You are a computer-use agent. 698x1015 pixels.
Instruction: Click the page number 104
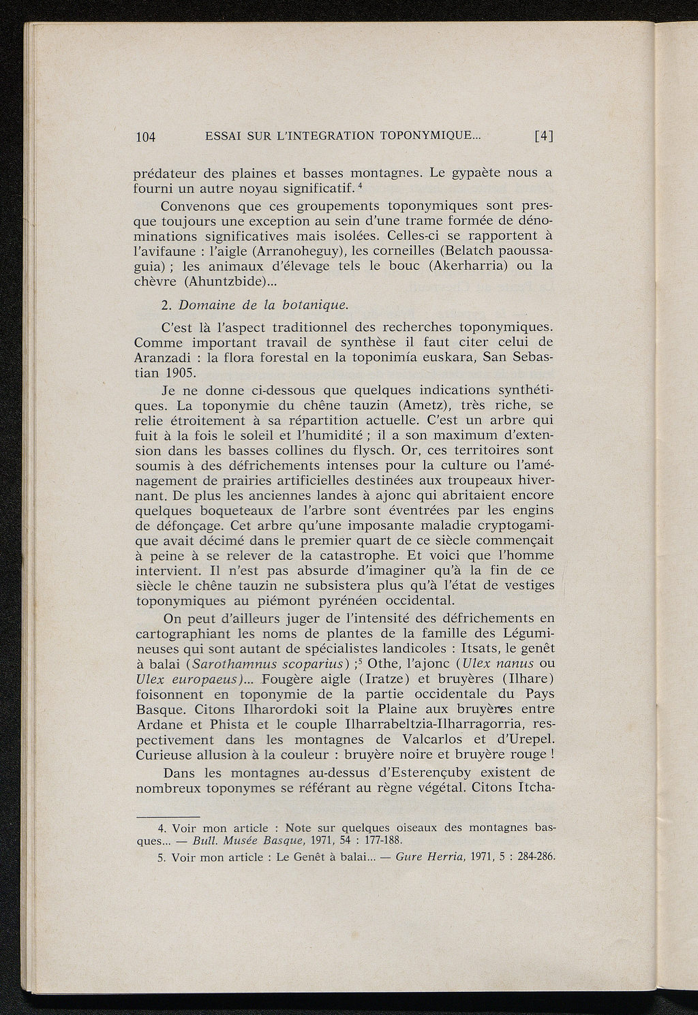pyautogui.click(x=146, y=136)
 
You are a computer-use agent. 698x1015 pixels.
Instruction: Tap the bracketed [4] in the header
pyautogui.click(x=543, y=136)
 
